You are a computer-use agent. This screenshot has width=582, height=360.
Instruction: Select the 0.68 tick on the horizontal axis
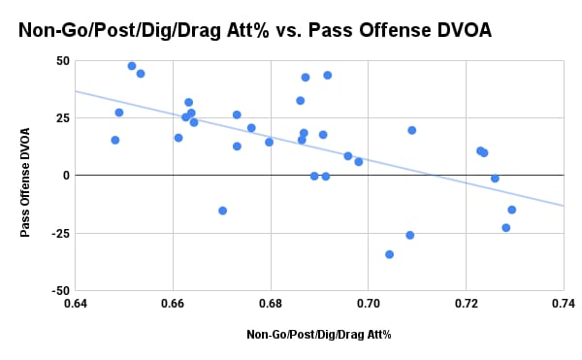[x=271, y=304]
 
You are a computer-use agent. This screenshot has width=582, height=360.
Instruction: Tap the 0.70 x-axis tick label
[x=368, y=304]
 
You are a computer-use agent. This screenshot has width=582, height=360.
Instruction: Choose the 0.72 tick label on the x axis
[x=466, y=304]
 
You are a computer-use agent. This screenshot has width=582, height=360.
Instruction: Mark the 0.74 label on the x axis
[x=563, y=304]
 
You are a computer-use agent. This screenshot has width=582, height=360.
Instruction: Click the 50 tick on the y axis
[x=62, y=60]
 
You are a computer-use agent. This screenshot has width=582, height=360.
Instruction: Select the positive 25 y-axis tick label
[x=62, y=118]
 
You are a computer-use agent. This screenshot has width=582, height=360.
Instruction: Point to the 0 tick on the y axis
[x=66, y=176]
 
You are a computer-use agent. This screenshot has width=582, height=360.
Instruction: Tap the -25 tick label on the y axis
[x=60, y=233]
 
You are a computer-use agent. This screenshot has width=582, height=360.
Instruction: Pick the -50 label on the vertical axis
[x=60, y=290]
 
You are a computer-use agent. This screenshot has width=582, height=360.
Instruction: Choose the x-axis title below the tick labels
[x=318, y=334]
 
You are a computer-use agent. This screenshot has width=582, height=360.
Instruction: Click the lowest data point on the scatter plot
[x=390, y=254]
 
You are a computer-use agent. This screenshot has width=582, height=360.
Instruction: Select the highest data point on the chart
[x=132, y=66]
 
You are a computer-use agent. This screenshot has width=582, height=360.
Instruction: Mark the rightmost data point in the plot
[x=512, y=210]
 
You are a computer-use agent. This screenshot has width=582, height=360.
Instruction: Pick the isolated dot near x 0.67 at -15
[x=223, y=211]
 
